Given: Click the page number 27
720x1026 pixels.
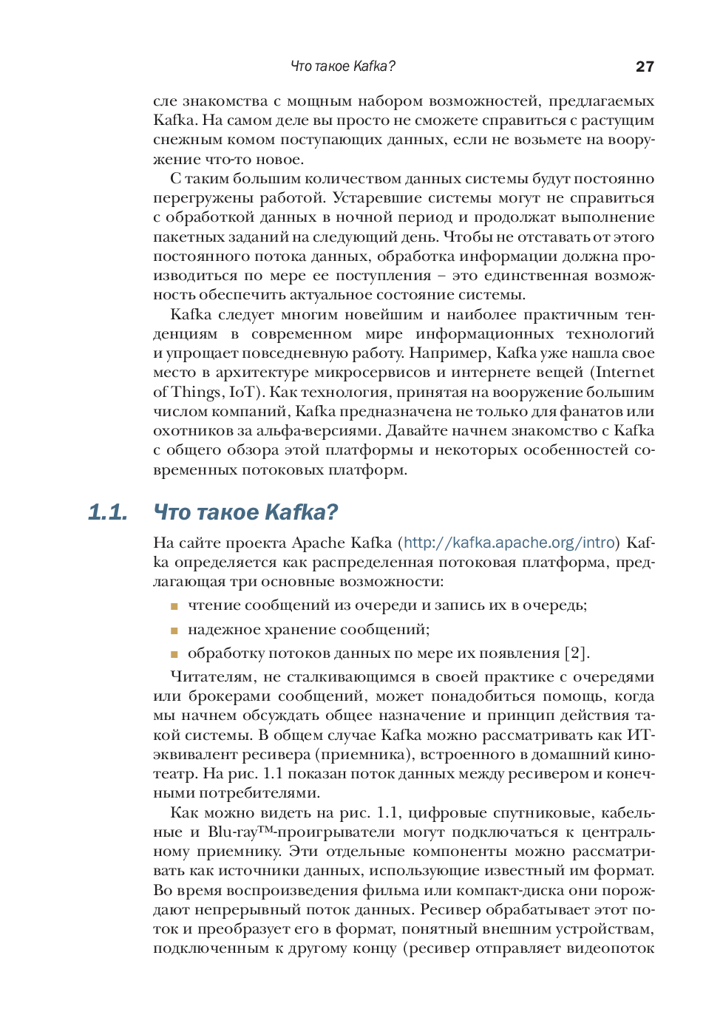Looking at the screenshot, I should pyautogui.click(x=645, y=67).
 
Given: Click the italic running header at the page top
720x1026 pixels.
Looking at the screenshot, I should pyautogui.click(x=343, y=67).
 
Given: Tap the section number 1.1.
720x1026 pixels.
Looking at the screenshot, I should pyautogui.click(x=108, y=512).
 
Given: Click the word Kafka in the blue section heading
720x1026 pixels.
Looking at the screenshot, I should pyautogui.click(x=295, y=512).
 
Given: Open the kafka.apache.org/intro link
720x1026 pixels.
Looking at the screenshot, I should pyautogui.click(x=509, y=543).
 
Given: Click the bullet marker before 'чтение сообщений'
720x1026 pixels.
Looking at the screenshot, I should pyautogui.click(x=174, y=606).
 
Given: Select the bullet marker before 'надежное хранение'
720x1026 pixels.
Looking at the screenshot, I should pyautogui.click(x=174, y=631).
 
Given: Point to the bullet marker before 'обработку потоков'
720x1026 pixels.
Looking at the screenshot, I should pyautogui.click(x=174, y=654).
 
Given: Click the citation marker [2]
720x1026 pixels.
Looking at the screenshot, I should pyautogui.click(x=576, y=653).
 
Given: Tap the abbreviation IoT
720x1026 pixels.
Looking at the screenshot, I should pyautogui.click(x=244, y=393).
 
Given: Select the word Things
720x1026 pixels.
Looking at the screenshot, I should pyautogui.click(x=197, y=393).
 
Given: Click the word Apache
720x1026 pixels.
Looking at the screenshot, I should pyautogui.click(x=319, y=543).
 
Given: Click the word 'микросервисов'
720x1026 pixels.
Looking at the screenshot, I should pyautogui.click(x=359, y=373).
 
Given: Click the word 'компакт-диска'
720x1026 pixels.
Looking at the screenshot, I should pyautogui.click(x=547, y=891).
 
